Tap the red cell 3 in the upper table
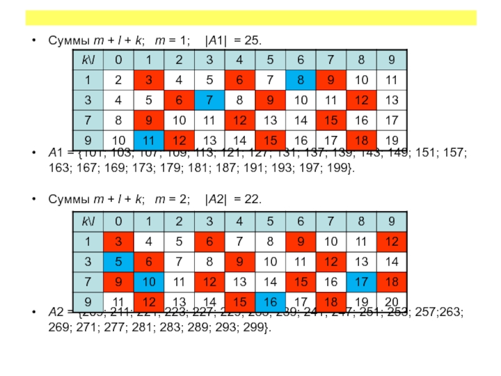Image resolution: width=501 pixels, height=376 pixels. tap(148, 80)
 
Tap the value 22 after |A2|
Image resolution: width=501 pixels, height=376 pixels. tap(253, 199)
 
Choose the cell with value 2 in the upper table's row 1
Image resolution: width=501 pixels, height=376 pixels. tap(117, 80)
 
